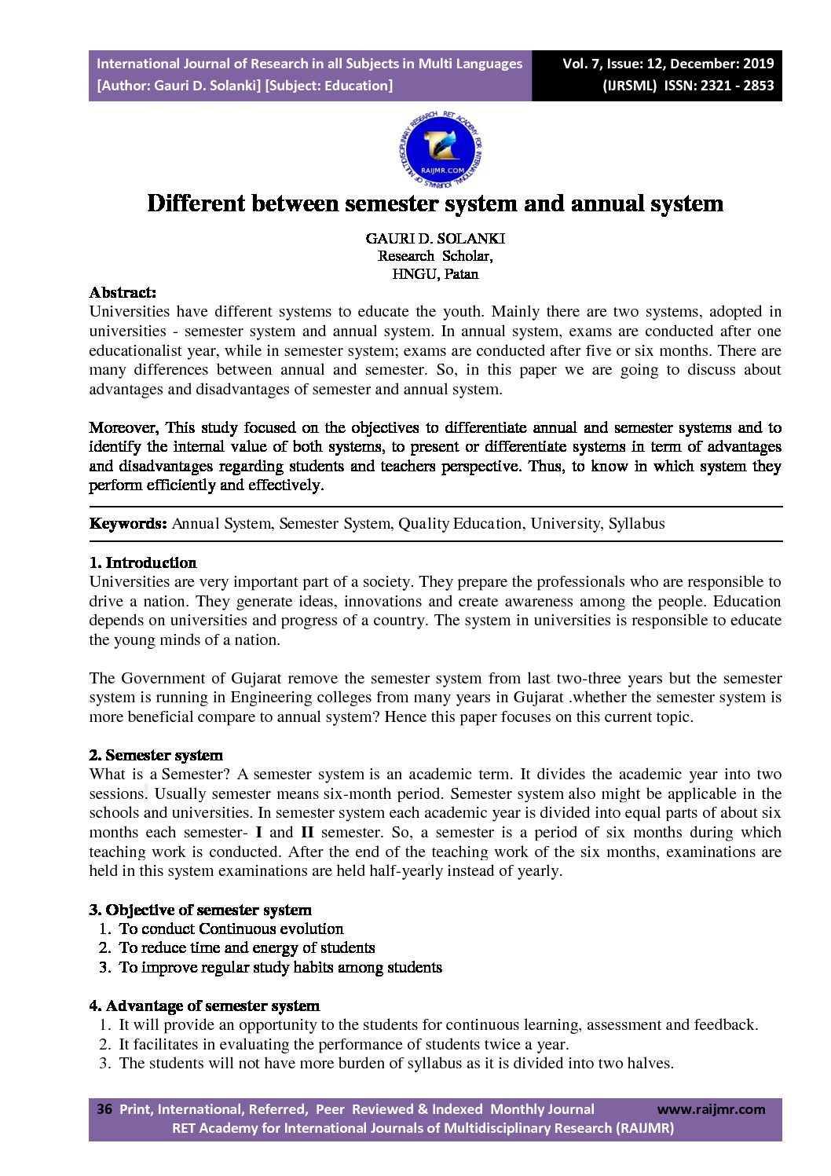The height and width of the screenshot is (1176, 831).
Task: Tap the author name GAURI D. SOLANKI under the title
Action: (x=435, y=238)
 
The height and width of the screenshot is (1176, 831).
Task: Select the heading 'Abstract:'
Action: (x=123, y=292)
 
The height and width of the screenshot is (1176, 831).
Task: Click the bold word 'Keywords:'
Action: (x=128, y=524)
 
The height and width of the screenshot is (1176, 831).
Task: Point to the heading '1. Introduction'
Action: (x=143, y=562)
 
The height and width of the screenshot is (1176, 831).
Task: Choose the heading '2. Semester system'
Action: (x=156, y=755)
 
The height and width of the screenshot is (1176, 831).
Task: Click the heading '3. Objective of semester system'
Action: (x=200, y=910)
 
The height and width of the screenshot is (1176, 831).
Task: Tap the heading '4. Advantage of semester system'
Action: (x=204, y=1006)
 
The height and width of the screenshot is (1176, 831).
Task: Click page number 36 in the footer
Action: (x=104, y=1109)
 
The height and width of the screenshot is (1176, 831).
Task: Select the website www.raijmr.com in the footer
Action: (x=711, y=1109)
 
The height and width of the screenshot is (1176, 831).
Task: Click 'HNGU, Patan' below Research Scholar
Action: (x=435, y=274)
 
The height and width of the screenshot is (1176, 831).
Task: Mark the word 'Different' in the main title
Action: (x=196, y=203)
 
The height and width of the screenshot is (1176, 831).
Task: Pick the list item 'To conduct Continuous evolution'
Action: (x=231, y=929)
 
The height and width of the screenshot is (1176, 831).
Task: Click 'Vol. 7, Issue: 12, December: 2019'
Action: (x=668, y=64)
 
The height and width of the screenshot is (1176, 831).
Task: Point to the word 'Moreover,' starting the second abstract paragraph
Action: (x=124, y=427)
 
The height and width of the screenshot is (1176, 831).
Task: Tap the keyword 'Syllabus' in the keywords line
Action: (x=636, y=524)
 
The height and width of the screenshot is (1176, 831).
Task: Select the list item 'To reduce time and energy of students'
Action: (x=247, y=947)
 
